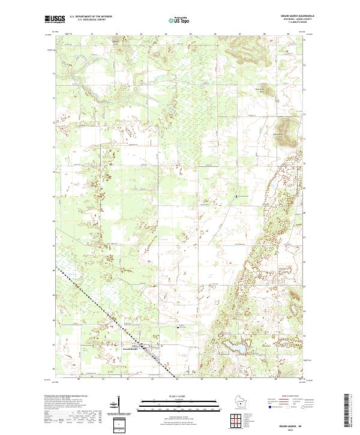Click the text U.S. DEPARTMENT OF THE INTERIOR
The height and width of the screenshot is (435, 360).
click(91, 16)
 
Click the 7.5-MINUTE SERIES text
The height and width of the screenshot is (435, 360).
click(286, 23)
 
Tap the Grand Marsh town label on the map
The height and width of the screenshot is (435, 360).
click(130, 347)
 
